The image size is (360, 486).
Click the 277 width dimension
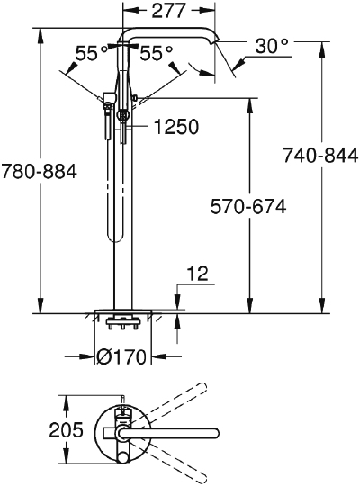tap(168, 11)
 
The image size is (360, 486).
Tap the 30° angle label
tap(272, 46)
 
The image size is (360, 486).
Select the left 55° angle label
tap(92, 53)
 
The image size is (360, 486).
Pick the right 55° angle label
tap(156, 53)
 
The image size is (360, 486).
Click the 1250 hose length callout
tap(176, 127)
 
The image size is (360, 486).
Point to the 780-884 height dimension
tap(39, 171)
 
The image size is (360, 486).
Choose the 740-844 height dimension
tap(320, 156)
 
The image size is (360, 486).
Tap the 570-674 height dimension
tap(248, 206)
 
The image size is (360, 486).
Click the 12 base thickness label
tap(198, 274)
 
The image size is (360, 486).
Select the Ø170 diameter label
tap(121, 357)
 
